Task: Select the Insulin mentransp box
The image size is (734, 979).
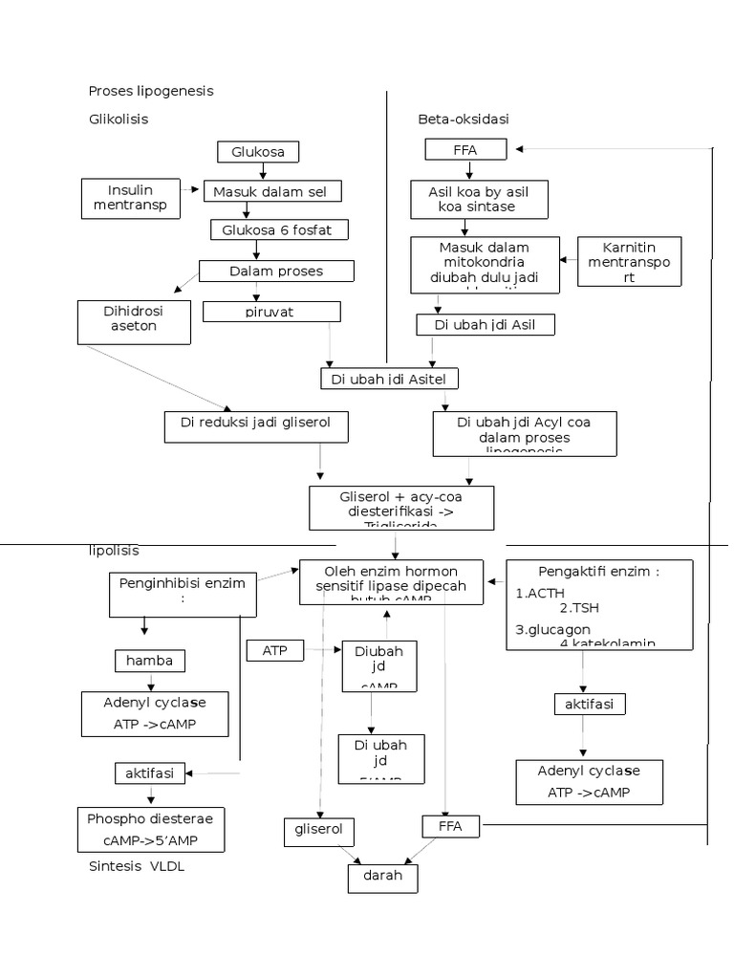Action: (x=130, y=198)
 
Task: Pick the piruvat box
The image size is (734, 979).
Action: (x=271, y=312)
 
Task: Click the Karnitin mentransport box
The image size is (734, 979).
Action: (x=630, y=261)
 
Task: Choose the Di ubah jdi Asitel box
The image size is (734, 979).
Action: (x=389, y=380)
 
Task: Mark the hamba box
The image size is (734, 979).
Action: (x=150, y=661)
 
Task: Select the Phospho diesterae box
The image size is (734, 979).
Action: (x=151, y=829)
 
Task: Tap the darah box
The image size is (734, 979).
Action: (x=382, y=876)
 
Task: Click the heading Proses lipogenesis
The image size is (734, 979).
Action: (x=151, y=91)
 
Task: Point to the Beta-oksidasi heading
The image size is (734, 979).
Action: (x=463, y=120)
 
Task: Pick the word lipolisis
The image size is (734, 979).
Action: (x=114, y=551)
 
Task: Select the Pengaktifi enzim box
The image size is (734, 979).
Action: (x=599, y=605)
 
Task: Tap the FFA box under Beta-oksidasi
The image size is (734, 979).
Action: (x=464, y=150)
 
